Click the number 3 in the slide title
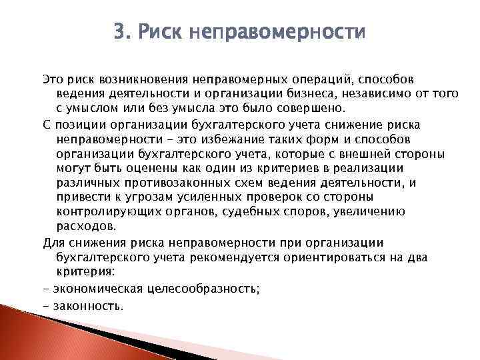[120, 32]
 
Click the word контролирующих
[107, 212]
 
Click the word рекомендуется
[235, 257]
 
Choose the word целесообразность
[191, 288]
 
